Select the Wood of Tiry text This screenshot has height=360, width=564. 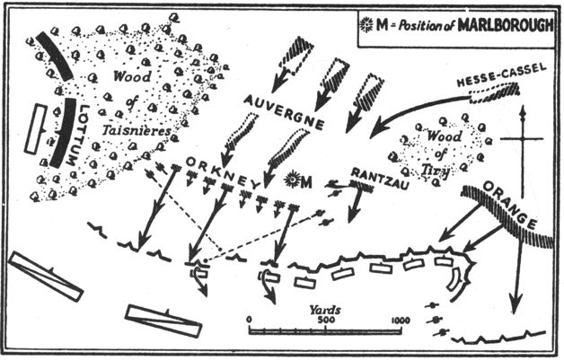pos(429,149)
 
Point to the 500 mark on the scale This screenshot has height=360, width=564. pos(328,320)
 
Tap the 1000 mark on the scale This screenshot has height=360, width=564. pos(401,320)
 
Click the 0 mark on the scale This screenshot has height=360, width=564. pos(249,320)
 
